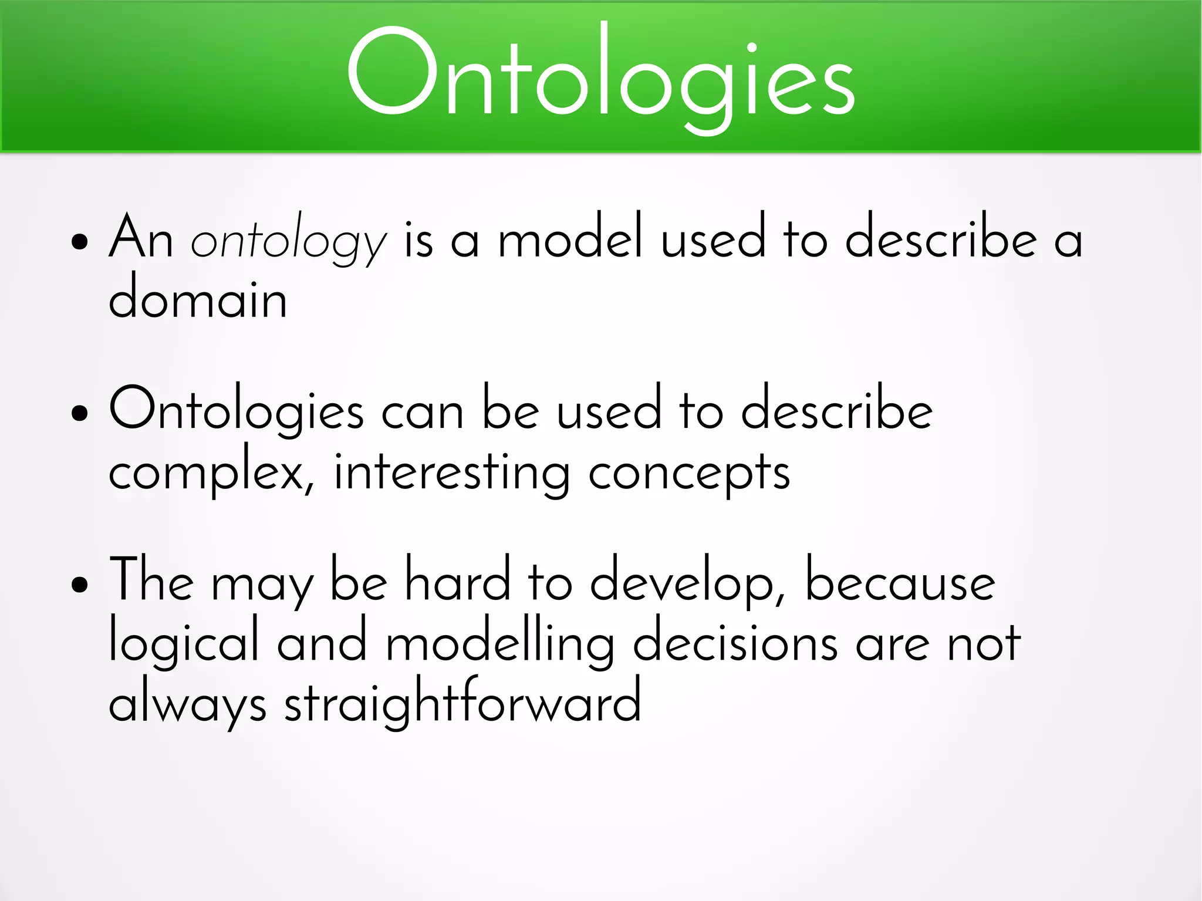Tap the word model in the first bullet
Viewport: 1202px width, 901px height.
click(x=570, y=238)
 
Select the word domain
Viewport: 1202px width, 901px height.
click(x=198, y=299)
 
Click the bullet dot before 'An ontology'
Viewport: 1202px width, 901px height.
click(x=79, y=241)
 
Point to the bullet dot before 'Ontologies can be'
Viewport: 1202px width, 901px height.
click(x=79, y=413)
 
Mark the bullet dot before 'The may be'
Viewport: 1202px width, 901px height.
click(x=79, y=584)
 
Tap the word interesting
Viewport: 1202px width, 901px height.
click(x=451, y=473)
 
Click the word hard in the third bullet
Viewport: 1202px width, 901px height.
click(x=458, y=581)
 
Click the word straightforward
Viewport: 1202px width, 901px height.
click(x=462, y=701)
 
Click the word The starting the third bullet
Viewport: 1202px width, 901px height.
click(x=151, y=581)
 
